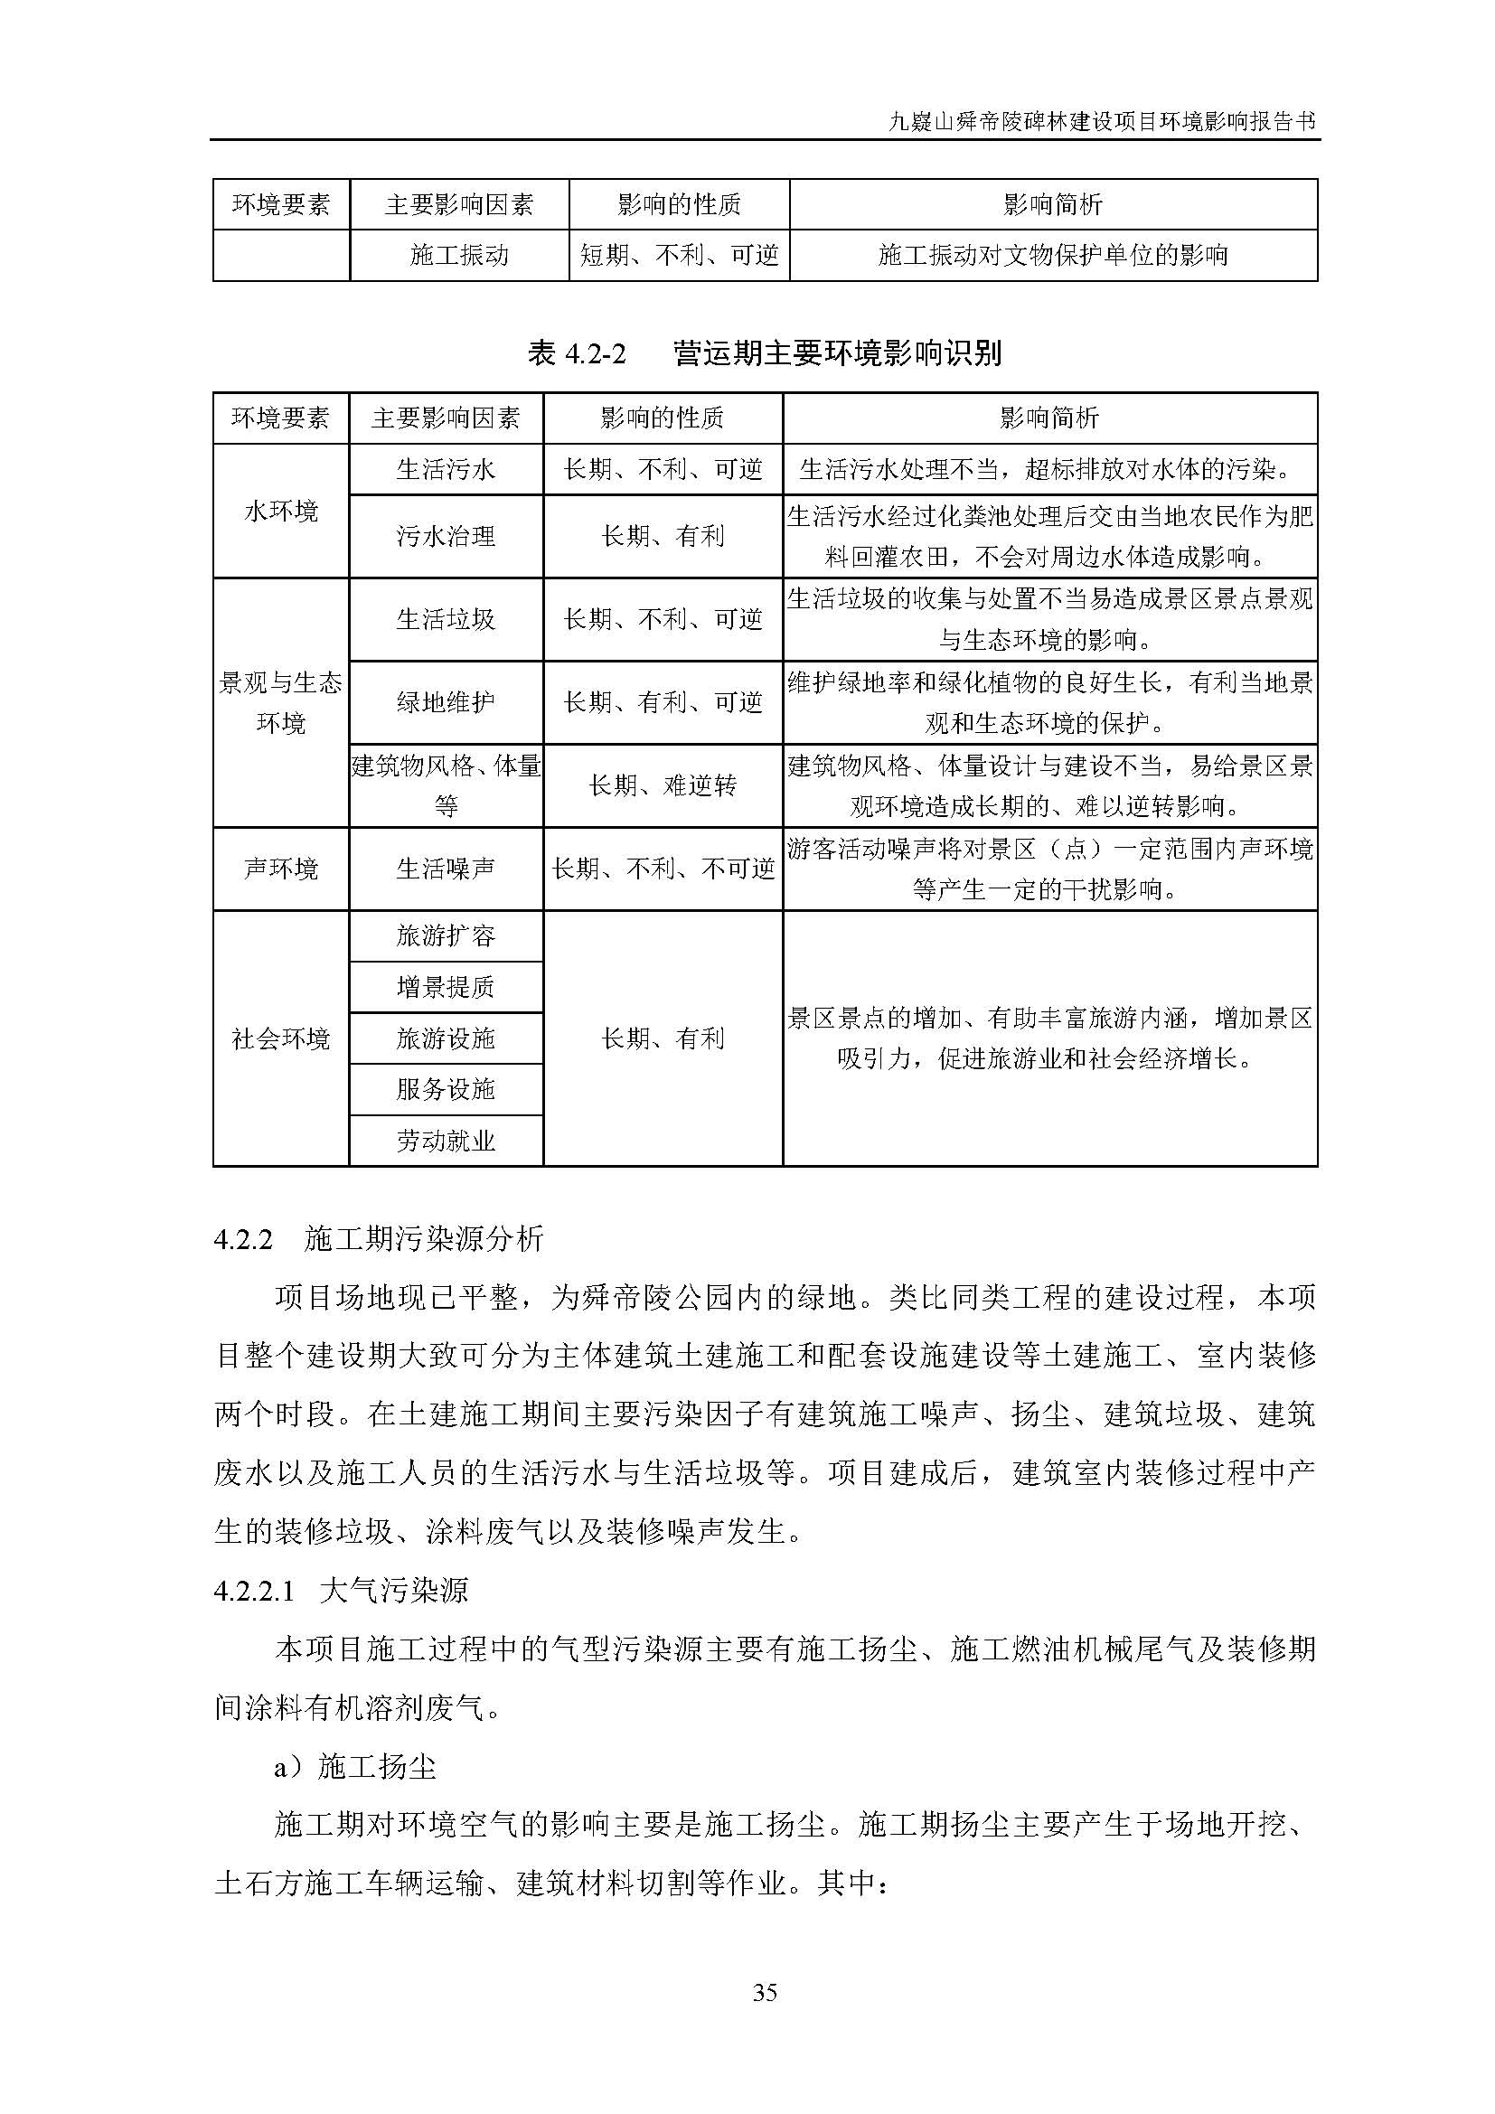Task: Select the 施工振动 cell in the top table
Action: pyautogui.click(x=458, y=255)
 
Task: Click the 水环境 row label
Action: pyautogui.click(x=281, y=511)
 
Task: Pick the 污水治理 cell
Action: pyautogui.click(x=446, y=536)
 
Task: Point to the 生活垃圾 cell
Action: pyautogui.click(x=446, y=619)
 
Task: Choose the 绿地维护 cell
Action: pyautogui.click(x=446, y=702)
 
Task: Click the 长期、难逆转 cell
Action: pyautogui.click(x=663, y=785)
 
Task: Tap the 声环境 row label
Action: pyautogui.click(x=281, y=869)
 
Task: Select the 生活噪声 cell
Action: pyautogui.click(x=446, y=869)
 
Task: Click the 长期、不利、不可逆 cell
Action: pyautogui.click(x=663, y=869)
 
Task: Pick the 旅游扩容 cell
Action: pyautogui.click(x=446, y=936)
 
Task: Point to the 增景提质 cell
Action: pyautogui.click(x=446, y=987)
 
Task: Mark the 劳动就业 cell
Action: pyautogui.click(x=446, y=1142)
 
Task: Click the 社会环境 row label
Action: pyautogui.click(x=281, y=1038)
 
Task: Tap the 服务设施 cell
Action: pyautogui.click(x=446, y=1089)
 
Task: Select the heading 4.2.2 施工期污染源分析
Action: pyautogui.click(x=379, y=1239)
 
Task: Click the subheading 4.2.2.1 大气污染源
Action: pyautogui.click(x=341, y=1591)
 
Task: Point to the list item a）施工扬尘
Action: pyautogui.click(x=354, y=1767)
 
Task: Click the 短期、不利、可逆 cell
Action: pyautogui.click(x=680, y=255)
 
